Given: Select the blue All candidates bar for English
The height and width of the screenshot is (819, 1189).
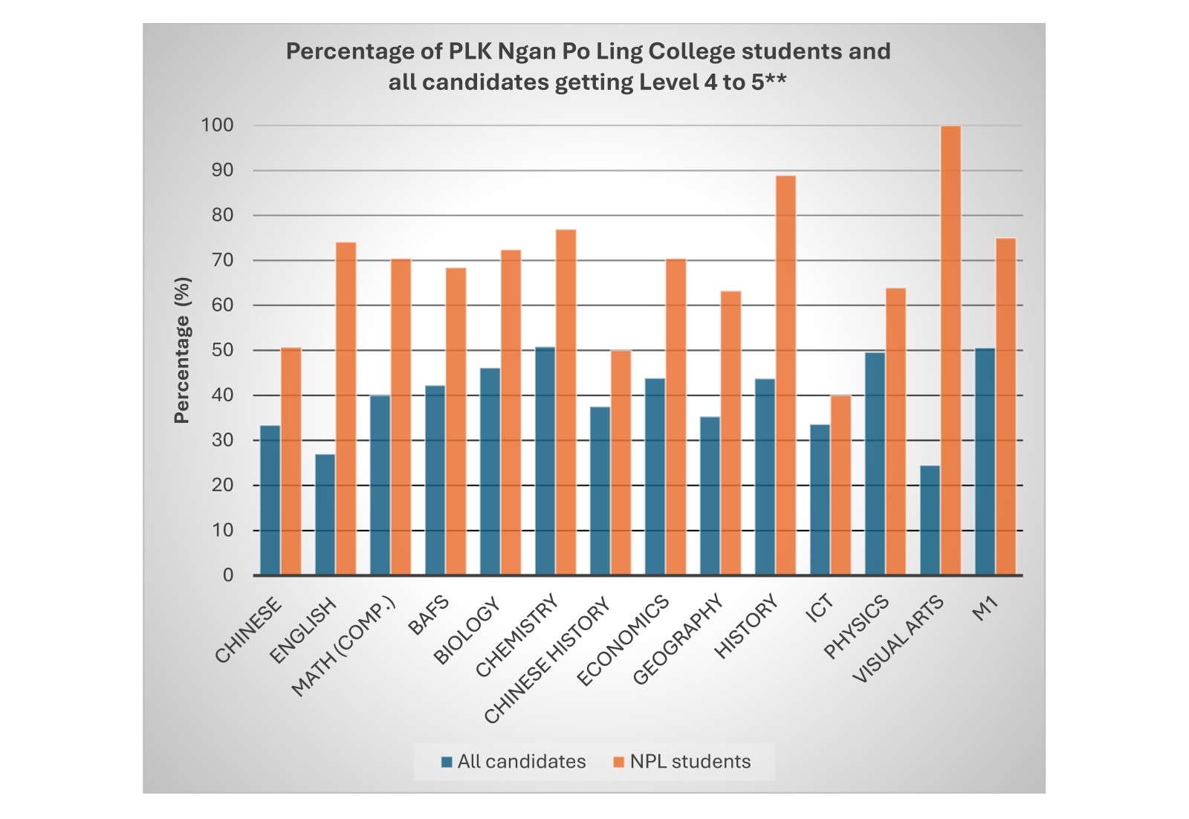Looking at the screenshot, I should coord(325,514).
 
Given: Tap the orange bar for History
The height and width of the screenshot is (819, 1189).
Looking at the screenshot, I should coord(785,375).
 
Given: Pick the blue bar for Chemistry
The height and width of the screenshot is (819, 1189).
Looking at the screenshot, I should coord(545,461).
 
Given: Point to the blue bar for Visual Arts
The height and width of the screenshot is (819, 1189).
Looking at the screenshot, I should coord(930,520).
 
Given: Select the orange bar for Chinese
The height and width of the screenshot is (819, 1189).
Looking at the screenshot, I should coord(291,462).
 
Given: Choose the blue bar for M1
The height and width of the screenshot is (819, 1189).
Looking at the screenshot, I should coord(985,462).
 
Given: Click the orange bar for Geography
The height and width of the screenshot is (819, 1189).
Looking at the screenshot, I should coord(730,433).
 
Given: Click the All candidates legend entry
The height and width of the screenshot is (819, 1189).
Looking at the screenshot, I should coord(513,762).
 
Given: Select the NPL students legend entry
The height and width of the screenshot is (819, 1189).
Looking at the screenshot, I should coord(681,762).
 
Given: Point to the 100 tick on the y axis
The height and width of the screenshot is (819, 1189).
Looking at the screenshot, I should coord(217,126).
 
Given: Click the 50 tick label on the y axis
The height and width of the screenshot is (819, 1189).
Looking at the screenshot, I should coord(221,350).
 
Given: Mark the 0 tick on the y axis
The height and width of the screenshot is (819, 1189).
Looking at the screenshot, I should coord(227,575).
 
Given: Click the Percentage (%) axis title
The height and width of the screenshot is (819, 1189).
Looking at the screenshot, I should coord(182,350).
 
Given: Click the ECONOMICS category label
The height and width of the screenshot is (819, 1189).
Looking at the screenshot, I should coord(623,641).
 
